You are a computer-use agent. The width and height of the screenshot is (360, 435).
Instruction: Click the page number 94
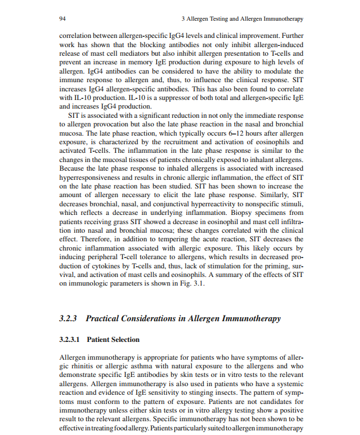coord(63,19)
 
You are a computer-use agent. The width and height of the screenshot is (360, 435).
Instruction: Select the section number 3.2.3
coord(69,318)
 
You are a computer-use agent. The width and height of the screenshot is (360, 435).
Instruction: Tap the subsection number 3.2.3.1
coord(71,340)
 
